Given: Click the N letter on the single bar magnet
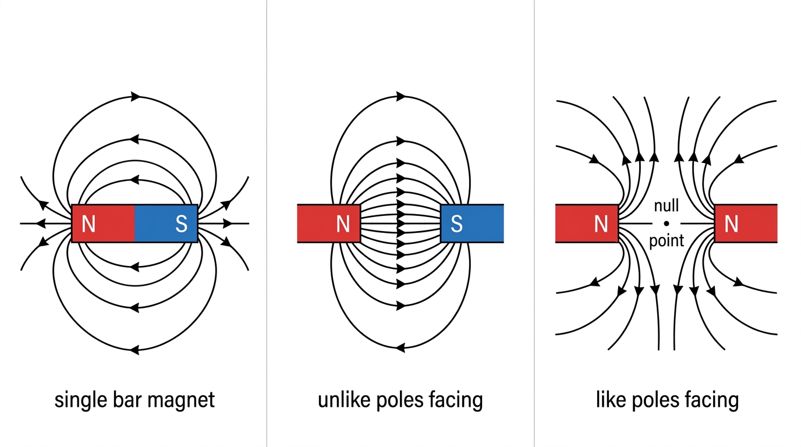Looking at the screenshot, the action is coord(88,224).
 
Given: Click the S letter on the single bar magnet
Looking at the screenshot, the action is coord(181,224).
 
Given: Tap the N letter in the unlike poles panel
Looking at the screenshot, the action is coord(343,224).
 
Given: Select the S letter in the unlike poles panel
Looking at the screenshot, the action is coord(456,224).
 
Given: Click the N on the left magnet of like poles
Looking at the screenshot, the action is coord(601,224).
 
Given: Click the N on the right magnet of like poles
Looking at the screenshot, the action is coord(731,224).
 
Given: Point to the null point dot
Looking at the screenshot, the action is coord(666,223).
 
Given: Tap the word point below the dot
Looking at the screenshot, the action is coord(667,241).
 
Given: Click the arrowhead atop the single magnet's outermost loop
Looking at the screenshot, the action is coord(135,96).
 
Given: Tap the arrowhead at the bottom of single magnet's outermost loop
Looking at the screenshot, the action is coord(134,349).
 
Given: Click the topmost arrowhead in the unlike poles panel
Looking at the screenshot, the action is coord(401,96).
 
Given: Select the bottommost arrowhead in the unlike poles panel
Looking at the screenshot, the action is coord(400,347).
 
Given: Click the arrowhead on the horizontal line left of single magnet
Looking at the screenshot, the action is coord(41,223).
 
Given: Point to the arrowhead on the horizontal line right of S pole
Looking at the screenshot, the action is coord(228,223).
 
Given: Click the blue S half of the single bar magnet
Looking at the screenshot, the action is coord(166,223).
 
